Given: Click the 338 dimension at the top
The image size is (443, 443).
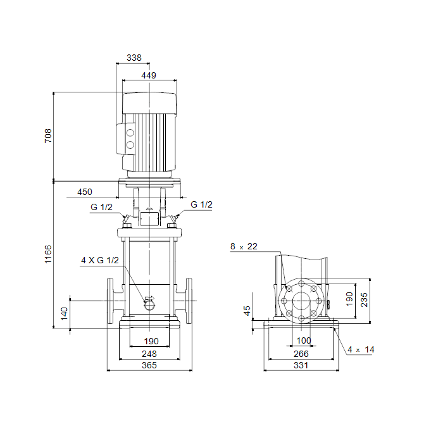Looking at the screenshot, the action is coord(134,58).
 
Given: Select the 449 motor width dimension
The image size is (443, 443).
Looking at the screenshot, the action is coord(149,75).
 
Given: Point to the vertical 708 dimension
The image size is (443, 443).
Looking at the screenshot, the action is coord(48,136).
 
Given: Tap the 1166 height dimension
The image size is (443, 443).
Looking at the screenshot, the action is coord(48,254).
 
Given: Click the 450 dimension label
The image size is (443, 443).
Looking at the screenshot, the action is coord(85,192).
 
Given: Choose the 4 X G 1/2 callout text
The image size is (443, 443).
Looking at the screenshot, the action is coord(100,260).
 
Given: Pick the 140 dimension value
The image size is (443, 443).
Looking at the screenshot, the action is coord(64,314).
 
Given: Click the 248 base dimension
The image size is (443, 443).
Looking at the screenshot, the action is coord(149,354).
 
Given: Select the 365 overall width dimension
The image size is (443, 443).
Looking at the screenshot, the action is coord(149,365).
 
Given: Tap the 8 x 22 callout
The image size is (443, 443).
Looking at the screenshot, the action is coord(244,246).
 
